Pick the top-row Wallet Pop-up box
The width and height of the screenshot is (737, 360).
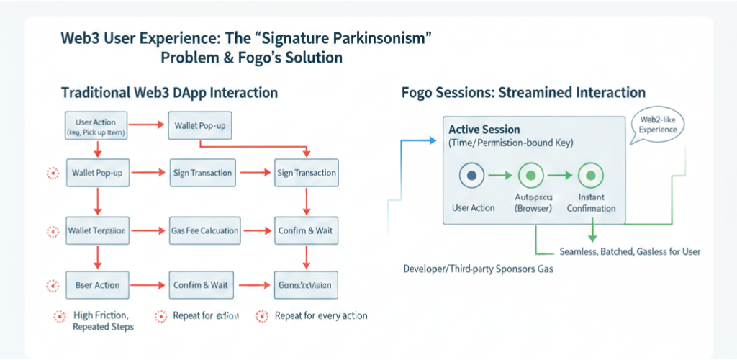199,126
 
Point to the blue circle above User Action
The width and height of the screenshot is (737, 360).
471,175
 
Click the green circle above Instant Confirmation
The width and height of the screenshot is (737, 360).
591,175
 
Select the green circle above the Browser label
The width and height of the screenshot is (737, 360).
531,175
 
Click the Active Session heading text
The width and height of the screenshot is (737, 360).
485,130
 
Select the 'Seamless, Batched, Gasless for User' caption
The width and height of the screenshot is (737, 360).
630,252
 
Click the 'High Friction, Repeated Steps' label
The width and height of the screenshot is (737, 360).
101,321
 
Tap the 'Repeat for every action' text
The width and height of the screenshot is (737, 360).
321,315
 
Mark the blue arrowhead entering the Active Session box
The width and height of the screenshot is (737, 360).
438,139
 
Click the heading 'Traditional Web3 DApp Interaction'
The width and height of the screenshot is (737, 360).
169,94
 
